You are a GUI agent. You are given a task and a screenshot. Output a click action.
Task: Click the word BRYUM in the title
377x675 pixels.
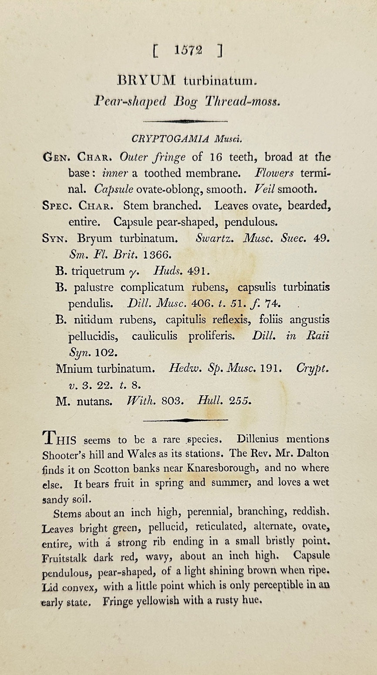pyautogui.click(x=147, y=81)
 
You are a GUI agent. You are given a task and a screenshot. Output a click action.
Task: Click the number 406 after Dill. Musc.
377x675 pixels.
pyautogui.click(x=201, y=303)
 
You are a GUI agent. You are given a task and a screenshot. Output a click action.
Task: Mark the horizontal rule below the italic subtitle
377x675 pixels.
pyautogui.click(x=185, y=121)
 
